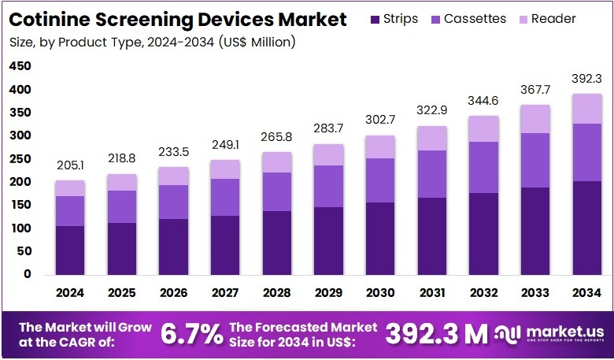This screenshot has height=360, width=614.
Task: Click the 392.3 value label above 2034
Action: click(586, 78)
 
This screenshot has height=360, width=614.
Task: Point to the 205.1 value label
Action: click(70, 165)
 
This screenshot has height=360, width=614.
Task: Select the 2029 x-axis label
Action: click(328, 292)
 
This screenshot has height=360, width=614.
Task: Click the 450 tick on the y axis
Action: click(20, 67)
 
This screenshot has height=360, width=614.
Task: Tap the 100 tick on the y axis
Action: click(20, 228)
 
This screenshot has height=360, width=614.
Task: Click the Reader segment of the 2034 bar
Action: click(586, 109)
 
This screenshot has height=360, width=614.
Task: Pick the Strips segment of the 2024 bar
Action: click(70, 250)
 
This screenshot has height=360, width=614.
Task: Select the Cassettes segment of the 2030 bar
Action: click(379, 180)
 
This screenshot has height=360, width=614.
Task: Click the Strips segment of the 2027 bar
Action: click(225, 244)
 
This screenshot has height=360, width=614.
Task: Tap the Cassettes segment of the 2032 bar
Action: click(483, 167)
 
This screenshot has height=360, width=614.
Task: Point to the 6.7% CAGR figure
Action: click(191, 334)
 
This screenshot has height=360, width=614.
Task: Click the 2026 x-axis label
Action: click(173, 292)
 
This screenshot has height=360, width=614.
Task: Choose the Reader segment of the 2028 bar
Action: click(276, 162)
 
